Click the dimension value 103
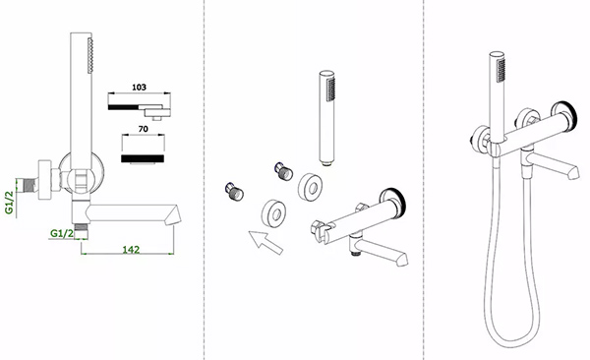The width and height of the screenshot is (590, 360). point(139,87)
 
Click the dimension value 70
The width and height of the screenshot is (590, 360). point(143,129)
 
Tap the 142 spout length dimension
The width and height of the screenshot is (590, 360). point(131,249)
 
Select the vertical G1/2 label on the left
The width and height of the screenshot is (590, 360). point(9,203)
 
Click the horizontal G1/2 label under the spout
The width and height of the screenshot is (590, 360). point(62,233)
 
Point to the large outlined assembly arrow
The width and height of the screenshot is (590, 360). point(265,243)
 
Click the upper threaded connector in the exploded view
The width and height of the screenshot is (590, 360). point(283,172)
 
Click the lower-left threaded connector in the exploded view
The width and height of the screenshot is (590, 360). point(234,192)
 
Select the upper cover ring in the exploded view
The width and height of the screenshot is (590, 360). point(310,188)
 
